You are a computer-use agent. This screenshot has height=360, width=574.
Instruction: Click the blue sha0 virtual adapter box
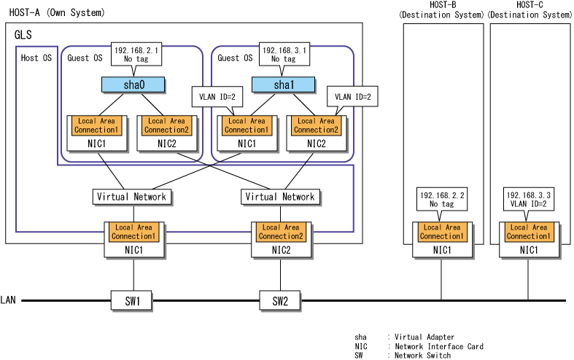point(133,85)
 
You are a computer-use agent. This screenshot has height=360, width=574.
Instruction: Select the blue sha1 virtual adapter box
point(283,85)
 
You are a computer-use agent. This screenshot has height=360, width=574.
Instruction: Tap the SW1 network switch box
point(132,301)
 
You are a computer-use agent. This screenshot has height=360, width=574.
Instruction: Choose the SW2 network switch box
point(280,301)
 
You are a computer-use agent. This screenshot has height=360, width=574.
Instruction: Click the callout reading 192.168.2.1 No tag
point(136,55)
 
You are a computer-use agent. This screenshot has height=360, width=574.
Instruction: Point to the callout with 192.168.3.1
point(284,55)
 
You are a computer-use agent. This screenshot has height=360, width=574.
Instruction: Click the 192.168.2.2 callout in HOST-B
point(442,200)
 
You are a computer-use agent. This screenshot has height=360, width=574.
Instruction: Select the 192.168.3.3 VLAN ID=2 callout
point(529,200)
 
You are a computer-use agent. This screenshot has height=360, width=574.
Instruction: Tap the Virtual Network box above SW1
point(132,197)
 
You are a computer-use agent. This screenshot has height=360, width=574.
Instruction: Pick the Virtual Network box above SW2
point(280,197)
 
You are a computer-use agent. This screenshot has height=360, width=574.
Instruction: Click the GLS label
point(23,35)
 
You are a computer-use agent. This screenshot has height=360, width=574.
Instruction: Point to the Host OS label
point(36,58)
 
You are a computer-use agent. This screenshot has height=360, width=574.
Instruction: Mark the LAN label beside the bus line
point(8,300)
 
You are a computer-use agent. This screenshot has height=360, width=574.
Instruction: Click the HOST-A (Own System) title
point(57,13)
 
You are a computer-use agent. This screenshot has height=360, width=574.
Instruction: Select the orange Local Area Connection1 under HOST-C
point(529,232)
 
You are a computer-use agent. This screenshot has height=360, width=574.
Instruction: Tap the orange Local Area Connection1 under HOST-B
point(442,232)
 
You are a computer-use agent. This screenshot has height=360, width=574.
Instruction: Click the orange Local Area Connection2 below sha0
point(166,125)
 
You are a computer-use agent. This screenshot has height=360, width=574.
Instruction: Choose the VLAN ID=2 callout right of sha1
point(352,97)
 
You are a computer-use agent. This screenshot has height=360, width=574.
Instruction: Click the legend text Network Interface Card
point(439,346)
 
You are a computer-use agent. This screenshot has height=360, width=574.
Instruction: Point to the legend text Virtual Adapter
point(424,337)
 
